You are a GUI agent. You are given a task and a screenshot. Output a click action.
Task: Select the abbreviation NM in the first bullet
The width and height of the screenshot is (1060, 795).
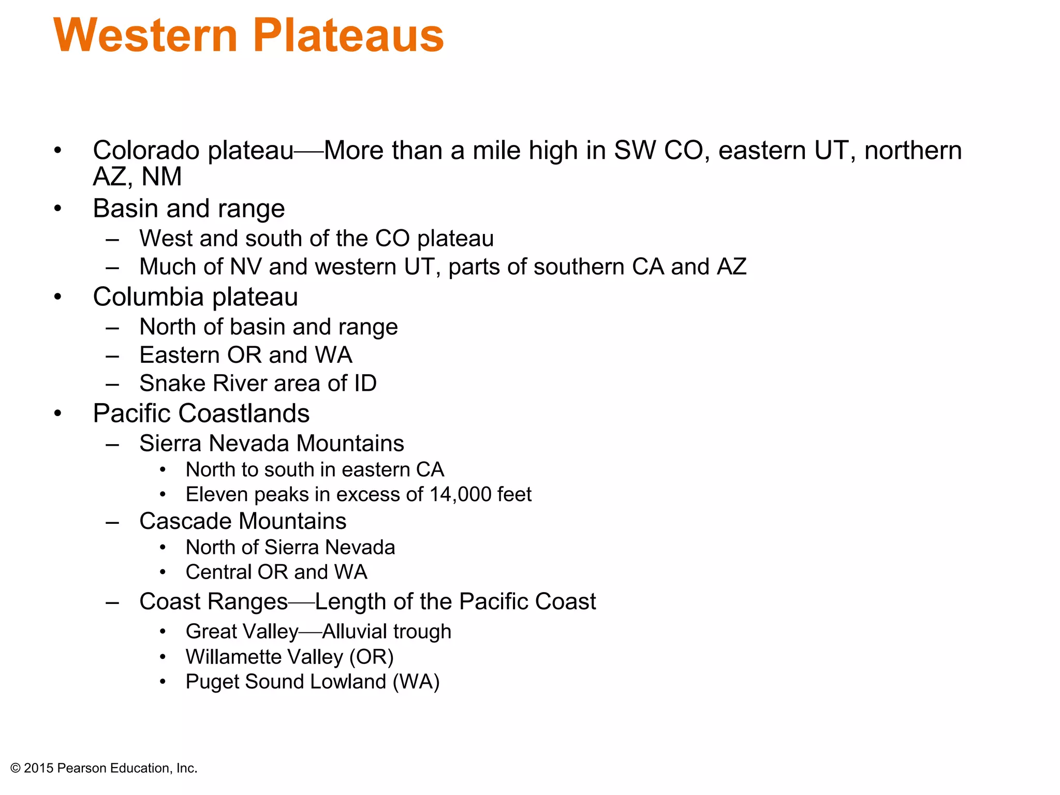click(161, 177)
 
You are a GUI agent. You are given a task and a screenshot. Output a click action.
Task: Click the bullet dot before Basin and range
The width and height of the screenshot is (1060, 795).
click(58, 209)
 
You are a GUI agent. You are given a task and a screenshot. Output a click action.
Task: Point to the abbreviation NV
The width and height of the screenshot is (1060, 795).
click(246, 267)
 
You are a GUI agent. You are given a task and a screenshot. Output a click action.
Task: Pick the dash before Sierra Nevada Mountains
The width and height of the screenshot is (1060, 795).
click(112, 444)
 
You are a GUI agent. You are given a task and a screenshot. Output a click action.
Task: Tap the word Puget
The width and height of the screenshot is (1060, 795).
click(212, 682)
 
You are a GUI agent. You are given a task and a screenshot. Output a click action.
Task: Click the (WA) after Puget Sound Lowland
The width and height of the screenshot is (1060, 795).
click(416, 682)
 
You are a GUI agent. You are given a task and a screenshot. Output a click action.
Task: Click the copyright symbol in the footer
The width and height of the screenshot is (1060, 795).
click(16, 769)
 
